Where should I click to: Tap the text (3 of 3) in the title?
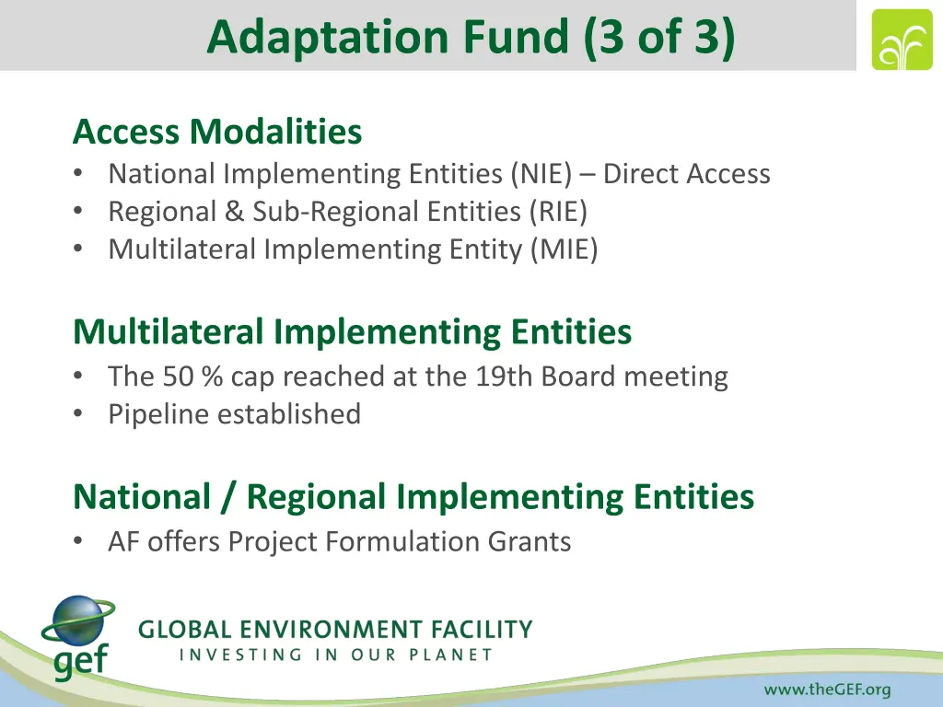[659, 38]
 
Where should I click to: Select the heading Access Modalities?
[217, 133]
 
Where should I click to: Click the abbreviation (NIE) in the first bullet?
[543, 174]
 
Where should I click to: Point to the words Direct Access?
[686, 174]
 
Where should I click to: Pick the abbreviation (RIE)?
[558, 212]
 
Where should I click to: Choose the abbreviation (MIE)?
[564, 249]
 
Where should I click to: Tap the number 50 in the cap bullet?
[176, 377]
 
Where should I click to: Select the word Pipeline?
[158, 414]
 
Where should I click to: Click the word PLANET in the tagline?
[448, 655]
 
